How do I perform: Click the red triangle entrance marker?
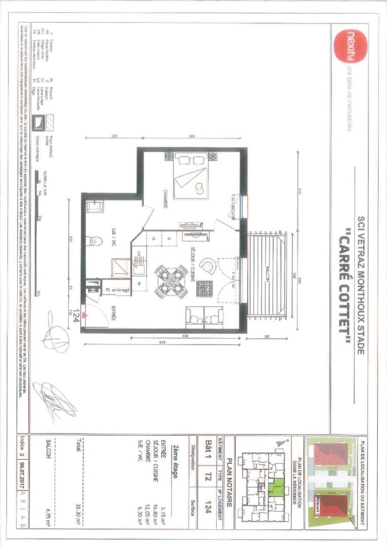click(86, 315)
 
